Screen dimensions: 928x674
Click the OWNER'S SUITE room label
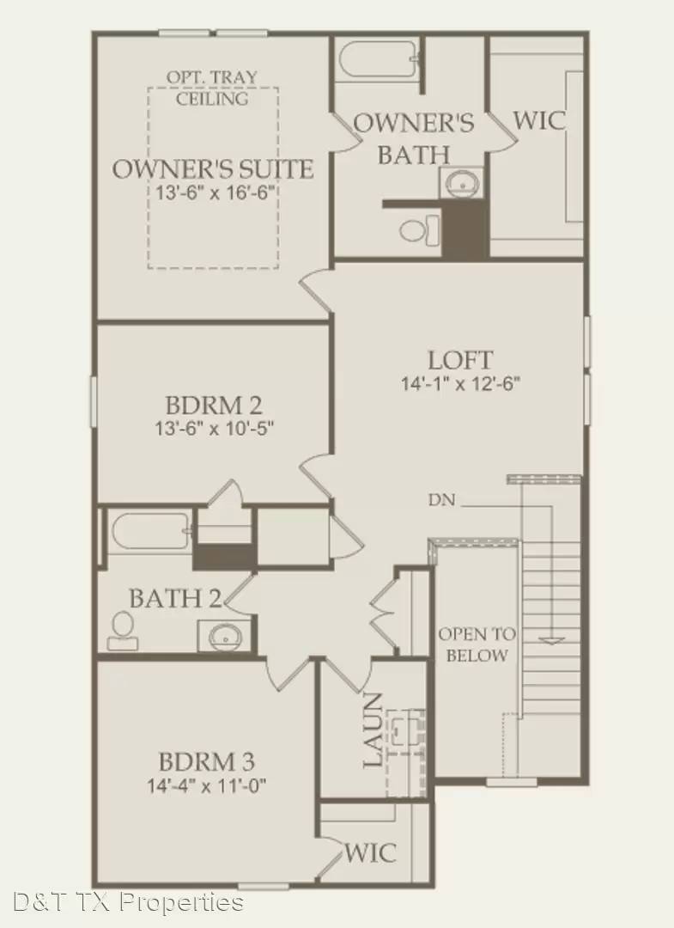[x=212, y=168]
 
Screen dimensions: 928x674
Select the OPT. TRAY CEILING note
[x=212, y=88]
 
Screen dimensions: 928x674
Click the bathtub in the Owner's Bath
[x=379, y=60]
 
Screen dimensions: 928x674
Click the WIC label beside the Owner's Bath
[x=539, y=119]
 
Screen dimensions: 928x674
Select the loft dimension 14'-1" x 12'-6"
[x=461, y=383]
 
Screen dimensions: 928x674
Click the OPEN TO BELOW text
[x=477, y=644]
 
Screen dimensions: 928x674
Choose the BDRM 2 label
[x=213, y=404]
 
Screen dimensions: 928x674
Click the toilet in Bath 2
[x=122, y=631]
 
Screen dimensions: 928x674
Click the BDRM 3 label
[x=207, y=761]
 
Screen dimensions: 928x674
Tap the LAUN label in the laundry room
[x=372, y=730]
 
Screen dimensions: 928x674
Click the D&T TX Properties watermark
[x=129, y=902]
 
